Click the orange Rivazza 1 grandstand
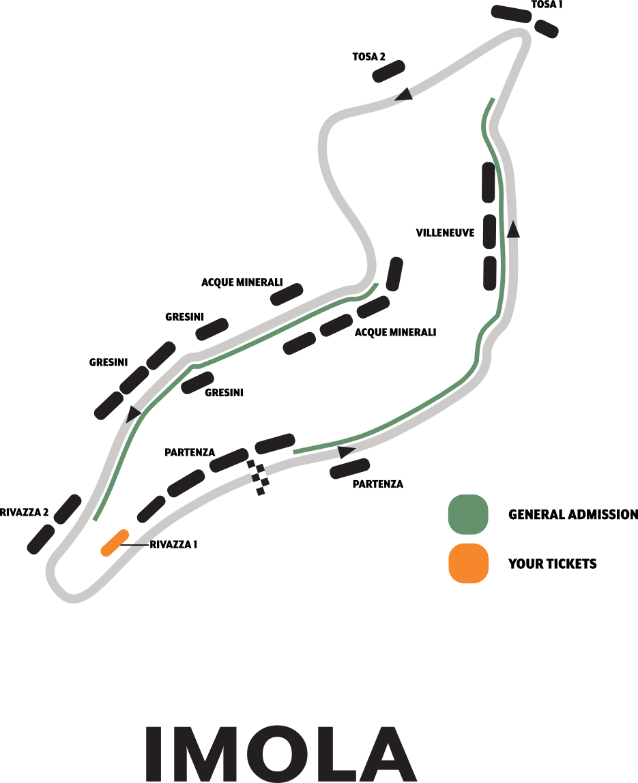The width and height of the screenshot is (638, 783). pyautogui.click(x=115, y=543)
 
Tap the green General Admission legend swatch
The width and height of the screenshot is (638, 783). pyautogui.click(x=468, y=514)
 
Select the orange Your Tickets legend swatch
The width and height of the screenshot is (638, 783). pyautogui.click(x=468, y=563)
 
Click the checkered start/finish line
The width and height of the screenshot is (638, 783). pyautogui.click(x=259, y=477)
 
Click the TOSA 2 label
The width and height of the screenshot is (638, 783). pyautogui.click(x=369, y=57)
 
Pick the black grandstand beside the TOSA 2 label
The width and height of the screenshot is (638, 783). pyautogui.click(x=389, y=71)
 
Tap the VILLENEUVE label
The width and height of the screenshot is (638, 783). pyautogui.click(x=445, y=233)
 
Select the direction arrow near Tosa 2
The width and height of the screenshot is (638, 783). pyautogui.click(x=404, y=95)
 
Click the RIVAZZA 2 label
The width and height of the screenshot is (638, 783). pyautogui.click(x=25, y=512)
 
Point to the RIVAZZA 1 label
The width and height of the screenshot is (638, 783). pyautogui.click(x=173, y=544)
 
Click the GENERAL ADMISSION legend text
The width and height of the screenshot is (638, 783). pyautogui.click(x=573, y=514)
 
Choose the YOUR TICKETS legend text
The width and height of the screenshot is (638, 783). pyautogui.click(x=552, y=564)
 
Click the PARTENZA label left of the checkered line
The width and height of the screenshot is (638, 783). pyautogui.click(x=190, y=452)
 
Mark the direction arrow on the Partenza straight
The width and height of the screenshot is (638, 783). pyautogui.click(x=347, y=452)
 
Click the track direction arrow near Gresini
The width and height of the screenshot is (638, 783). pyautogui.click(x=133, y=413)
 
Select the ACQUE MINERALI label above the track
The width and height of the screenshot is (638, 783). pyautogui.click(x=242, y=282)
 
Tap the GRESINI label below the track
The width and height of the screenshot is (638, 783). pyautogui.click(x=224, y=392)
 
